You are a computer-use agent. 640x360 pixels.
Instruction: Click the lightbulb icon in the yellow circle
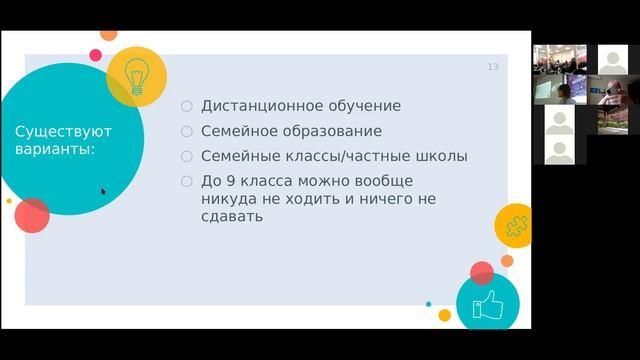[x=136, y=74]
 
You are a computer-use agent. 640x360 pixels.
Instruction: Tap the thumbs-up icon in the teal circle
[x=487, y=303]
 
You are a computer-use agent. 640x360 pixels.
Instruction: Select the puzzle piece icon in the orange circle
[x=515, y=225]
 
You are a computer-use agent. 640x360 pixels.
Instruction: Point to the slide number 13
[x=492, y=67]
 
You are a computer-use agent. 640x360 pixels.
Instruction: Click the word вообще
[x=385, y=181]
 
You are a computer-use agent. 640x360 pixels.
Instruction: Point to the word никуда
[x=228, y=198]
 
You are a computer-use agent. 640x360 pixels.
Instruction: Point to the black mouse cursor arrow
[x=103, y=191]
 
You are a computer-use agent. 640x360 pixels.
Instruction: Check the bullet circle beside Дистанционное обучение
[x=186, y=106]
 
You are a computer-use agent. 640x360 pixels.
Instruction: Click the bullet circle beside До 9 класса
[x=186, y=181]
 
